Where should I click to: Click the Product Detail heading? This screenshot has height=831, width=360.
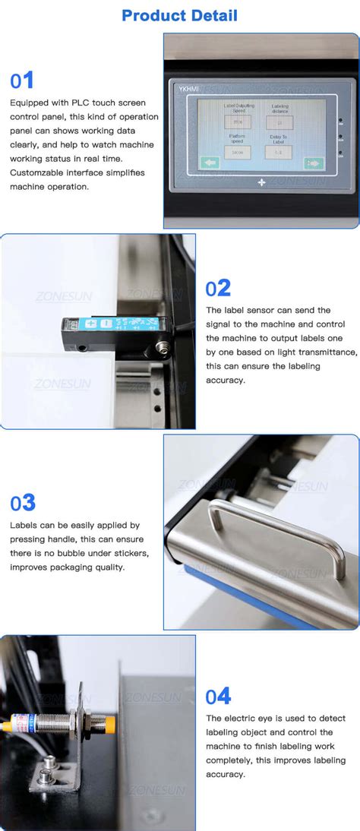pyautogui.click(x=179, y=15)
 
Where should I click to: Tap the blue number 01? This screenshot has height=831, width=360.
pyautogui.click(x=21, y=81)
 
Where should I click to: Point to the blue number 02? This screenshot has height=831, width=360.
pyautogui.click(x=218, y=288)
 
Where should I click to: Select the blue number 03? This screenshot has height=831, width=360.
pyautogui.click(x=23, y=503)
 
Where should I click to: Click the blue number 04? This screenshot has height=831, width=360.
pyautogui.click(x=218, y=697)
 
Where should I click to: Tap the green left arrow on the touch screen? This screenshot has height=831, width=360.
pyautogui.click(x=210, y=163)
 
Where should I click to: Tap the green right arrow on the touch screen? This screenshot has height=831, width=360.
pyautogui.click(x=313, y=163)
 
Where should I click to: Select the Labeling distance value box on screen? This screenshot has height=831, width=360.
pyautogui.click(x=279, y=122)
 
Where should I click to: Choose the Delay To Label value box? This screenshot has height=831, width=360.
pyautogui.click(x=279, y=152)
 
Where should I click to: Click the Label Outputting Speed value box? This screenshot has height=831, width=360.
pyautogui.click(x=237, y=122)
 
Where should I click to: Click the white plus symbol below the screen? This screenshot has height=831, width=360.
pyautogui.click(x=262, y=182)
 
